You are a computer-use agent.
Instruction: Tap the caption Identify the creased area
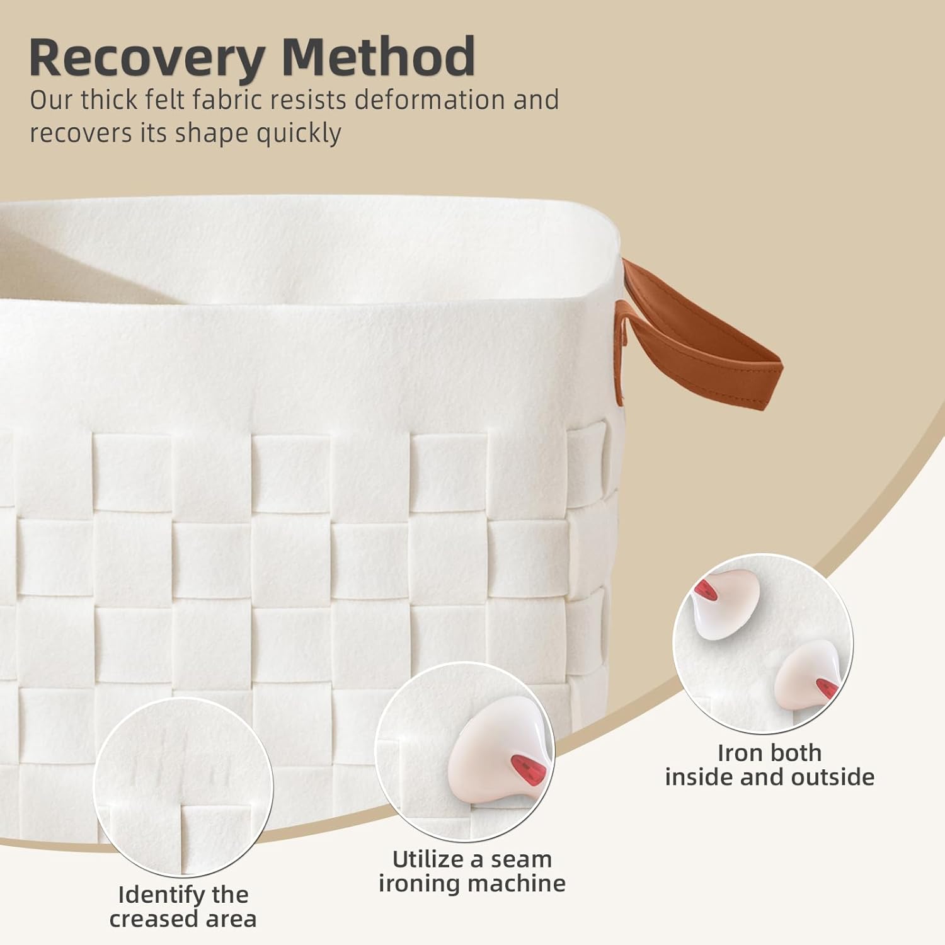[183, 907]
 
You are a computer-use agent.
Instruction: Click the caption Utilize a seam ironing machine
[472, 871]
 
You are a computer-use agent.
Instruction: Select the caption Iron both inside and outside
[769, 765]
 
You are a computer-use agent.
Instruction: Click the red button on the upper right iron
[703, 590]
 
